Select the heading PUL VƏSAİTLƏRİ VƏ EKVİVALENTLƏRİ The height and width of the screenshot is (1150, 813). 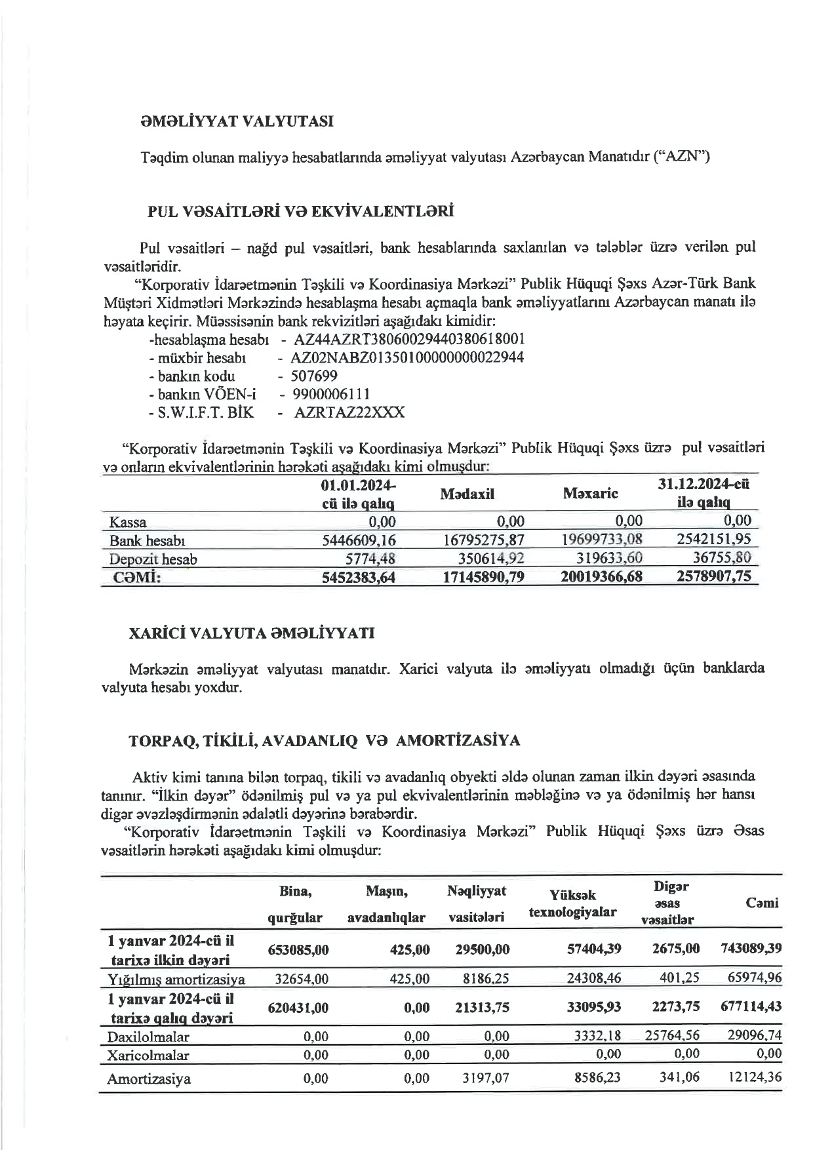point(301,212)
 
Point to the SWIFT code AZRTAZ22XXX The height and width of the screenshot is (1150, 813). point(349,412)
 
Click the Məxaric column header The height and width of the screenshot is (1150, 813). point(590,493)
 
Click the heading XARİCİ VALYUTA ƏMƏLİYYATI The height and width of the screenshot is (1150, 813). point(252,634)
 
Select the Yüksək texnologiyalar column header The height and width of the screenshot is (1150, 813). point(572,903)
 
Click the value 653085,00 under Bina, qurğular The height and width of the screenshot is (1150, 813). point(298,949)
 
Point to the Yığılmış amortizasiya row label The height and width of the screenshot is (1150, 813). point(176,980)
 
